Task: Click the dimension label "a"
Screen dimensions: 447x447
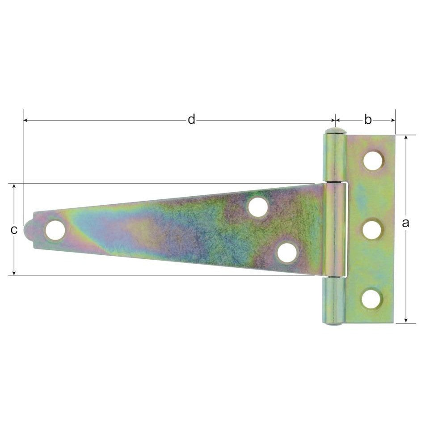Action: point(405,223)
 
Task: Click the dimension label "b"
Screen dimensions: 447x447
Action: point(367,120)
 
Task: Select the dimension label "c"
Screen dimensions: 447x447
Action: point(14,230)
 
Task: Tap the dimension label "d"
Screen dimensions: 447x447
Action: point(191,120)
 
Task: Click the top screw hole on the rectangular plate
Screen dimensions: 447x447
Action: point(373,160)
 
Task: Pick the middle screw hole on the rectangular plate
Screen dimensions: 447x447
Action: point(372,230)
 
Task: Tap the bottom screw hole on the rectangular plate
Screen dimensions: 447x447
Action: point(371,299)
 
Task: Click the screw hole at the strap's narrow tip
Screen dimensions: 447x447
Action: point(55,230)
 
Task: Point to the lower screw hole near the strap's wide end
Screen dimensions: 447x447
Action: point(287,253)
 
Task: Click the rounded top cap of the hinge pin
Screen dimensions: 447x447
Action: point(335,131)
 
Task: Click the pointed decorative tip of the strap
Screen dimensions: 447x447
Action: point(26,230)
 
